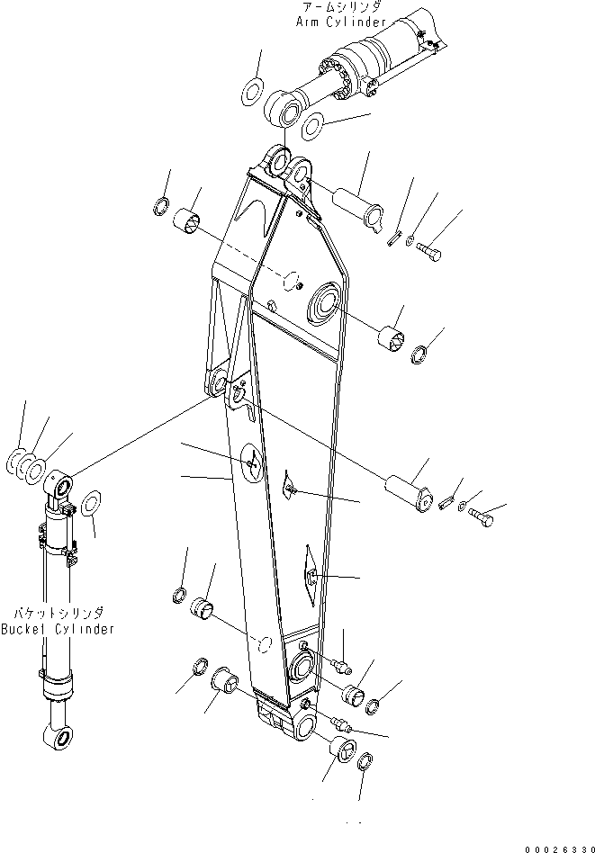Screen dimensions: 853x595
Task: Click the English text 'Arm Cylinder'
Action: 341,21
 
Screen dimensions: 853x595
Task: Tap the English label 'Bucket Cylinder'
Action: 58,629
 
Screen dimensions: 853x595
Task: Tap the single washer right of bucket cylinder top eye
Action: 91,505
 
